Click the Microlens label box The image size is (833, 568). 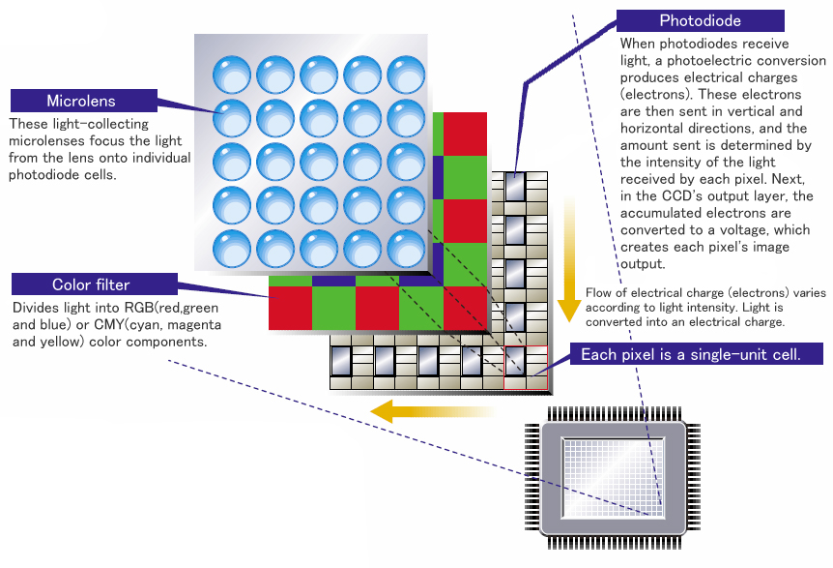(81, 101)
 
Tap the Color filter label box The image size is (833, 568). (91, 284)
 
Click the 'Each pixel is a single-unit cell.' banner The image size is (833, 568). (690, 355)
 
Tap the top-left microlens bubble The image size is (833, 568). (231, 74)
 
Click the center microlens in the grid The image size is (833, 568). (318, 159)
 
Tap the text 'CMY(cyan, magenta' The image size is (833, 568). (142, 326)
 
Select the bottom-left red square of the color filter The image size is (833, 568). (289, 309)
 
